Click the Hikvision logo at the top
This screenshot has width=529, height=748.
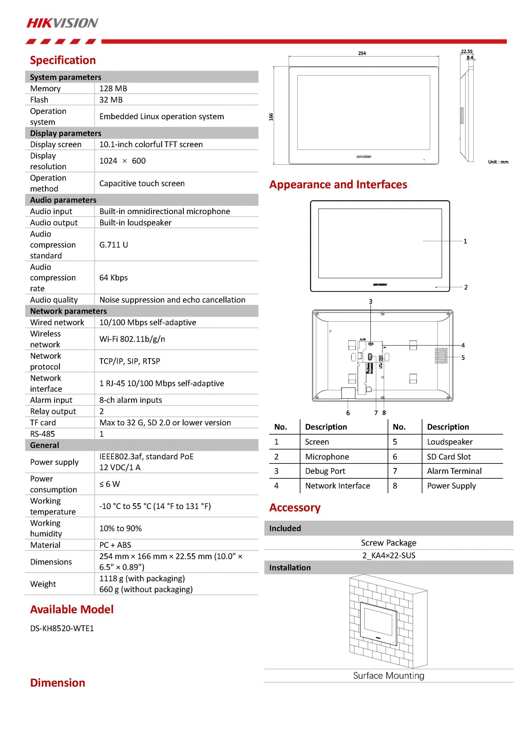coord(62,23)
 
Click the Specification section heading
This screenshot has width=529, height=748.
coord(63,60)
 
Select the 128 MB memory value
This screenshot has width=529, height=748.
coord(113,89)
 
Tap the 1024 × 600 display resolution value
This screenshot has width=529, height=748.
coord(122,161)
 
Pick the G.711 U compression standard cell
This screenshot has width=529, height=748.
coord(114,245)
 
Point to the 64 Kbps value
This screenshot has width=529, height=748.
coord(113,278)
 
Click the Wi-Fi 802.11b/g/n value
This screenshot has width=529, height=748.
coord(132,339)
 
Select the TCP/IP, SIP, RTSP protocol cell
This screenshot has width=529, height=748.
coord(130,361)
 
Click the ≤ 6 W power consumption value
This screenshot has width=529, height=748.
coord(110,484)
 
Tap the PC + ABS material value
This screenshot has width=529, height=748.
coord(115,545)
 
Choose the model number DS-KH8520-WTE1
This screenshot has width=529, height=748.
coord(62,628)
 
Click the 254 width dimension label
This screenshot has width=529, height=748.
coord(362,53)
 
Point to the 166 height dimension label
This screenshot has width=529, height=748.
coord(271,117)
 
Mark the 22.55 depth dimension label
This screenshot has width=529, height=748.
coord(466,51)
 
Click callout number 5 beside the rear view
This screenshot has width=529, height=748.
coord(463,358)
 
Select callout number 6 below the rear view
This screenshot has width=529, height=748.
coord(348,413)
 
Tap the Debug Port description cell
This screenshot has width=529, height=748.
coord(325,471)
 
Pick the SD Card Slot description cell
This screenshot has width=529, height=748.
coord(449,457)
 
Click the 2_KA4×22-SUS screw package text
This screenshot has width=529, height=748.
coord(388,555)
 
